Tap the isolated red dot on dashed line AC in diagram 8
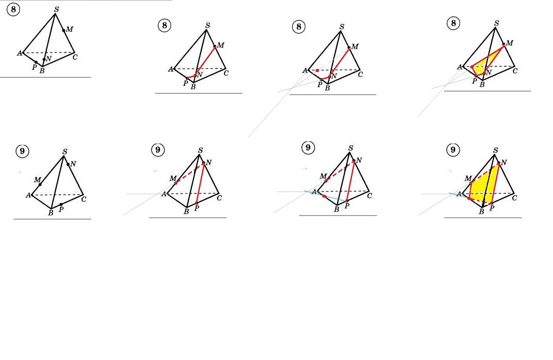317,71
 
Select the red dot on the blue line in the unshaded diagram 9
325,196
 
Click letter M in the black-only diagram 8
70,29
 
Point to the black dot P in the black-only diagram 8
36,62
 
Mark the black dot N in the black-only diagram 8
44,59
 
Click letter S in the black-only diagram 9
65,151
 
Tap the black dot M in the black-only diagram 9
40,184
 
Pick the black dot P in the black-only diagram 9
61,204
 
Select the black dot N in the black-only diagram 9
68,164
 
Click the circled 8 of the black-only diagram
13,10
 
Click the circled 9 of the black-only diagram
22,151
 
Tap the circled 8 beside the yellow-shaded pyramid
453,23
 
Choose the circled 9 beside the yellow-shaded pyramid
453,150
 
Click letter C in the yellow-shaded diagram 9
514,198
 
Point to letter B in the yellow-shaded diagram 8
482,84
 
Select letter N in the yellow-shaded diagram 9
504,162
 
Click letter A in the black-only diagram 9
28,196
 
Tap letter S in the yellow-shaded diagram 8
497,23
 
